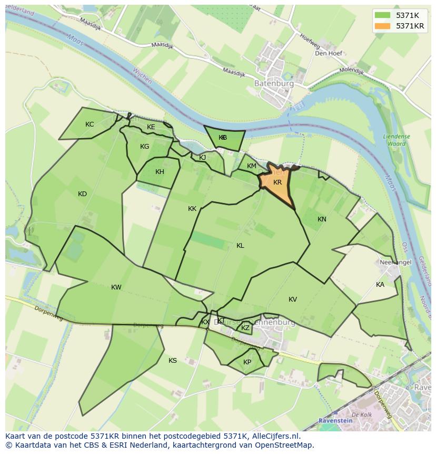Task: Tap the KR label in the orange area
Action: tap(278, 182)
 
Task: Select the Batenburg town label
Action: tap(273, 83)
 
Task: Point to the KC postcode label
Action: tap(90, 124)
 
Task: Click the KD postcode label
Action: tap(82, 194)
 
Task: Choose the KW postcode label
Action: tap(116, 287)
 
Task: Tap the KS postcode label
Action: tap(173, 361)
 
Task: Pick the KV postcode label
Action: tap(293, 300)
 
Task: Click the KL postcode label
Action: tap(240, 246)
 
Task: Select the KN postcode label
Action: tap(322, 219)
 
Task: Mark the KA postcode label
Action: tap(380, 285)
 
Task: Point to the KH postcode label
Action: tap(160, 172)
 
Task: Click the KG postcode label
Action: tap(144, 147)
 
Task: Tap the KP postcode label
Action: tap(247, 362)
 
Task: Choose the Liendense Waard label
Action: tap(397, 140)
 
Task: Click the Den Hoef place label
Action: tap(329, 53)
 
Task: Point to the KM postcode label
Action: tap(252, 166)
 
